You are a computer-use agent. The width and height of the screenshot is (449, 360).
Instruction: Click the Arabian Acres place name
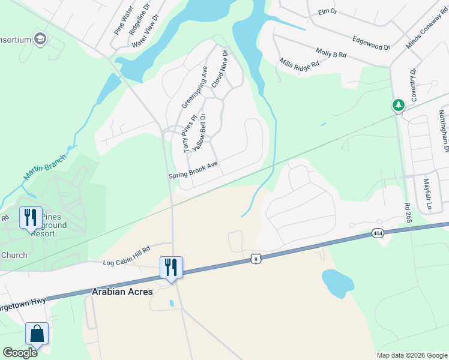122,292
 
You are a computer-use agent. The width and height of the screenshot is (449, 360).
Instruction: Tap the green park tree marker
398,106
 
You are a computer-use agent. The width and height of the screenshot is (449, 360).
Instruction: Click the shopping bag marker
37,334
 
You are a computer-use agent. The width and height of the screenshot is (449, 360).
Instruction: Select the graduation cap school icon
41,40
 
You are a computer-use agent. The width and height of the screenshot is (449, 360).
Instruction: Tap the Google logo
20,353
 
